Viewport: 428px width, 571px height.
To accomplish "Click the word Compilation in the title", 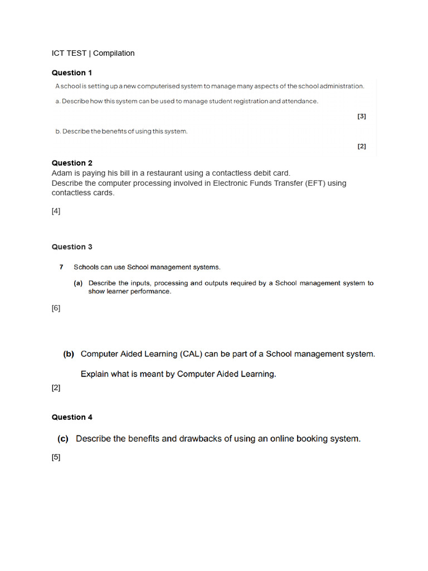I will (114, 53).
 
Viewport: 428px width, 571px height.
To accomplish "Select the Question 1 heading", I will (72, 72).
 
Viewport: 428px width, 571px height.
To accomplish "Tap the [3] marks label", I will (362, 117).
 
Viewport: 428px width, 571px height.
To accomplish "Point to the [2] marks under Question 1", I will (362, 147).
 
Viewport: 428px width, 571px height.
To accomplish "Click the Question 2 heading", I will (72, 163).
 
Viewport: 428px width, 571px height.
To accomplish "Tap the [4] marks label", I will (56, 211).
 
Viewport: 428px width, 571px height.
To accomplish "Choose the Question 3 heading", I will (72, 246).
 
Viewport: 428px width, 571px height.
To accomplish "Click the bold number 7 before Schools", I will (61, 267).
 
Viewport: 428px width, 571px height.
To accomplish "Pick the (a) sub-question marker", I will (79, 283).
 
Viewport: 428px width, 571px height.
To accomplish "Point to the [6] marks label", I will (56, 308).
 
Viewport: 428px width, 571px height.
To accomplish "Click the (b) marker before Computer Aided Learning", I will (69, 354).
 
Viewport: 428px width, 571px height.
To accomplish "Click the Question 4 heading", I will (72, 417).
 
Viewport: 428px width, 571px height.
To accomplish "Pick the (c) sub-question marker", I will (63, 439).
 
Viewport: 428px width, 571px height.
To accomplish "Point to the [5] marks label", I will (56, 457).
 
